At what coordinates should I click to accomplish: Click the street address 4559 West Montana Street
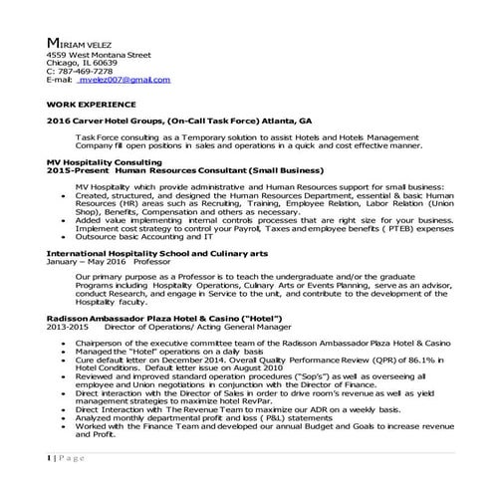point(99,55)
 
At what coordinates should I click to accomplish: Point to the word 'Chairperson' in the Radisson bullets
point(99,340)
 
